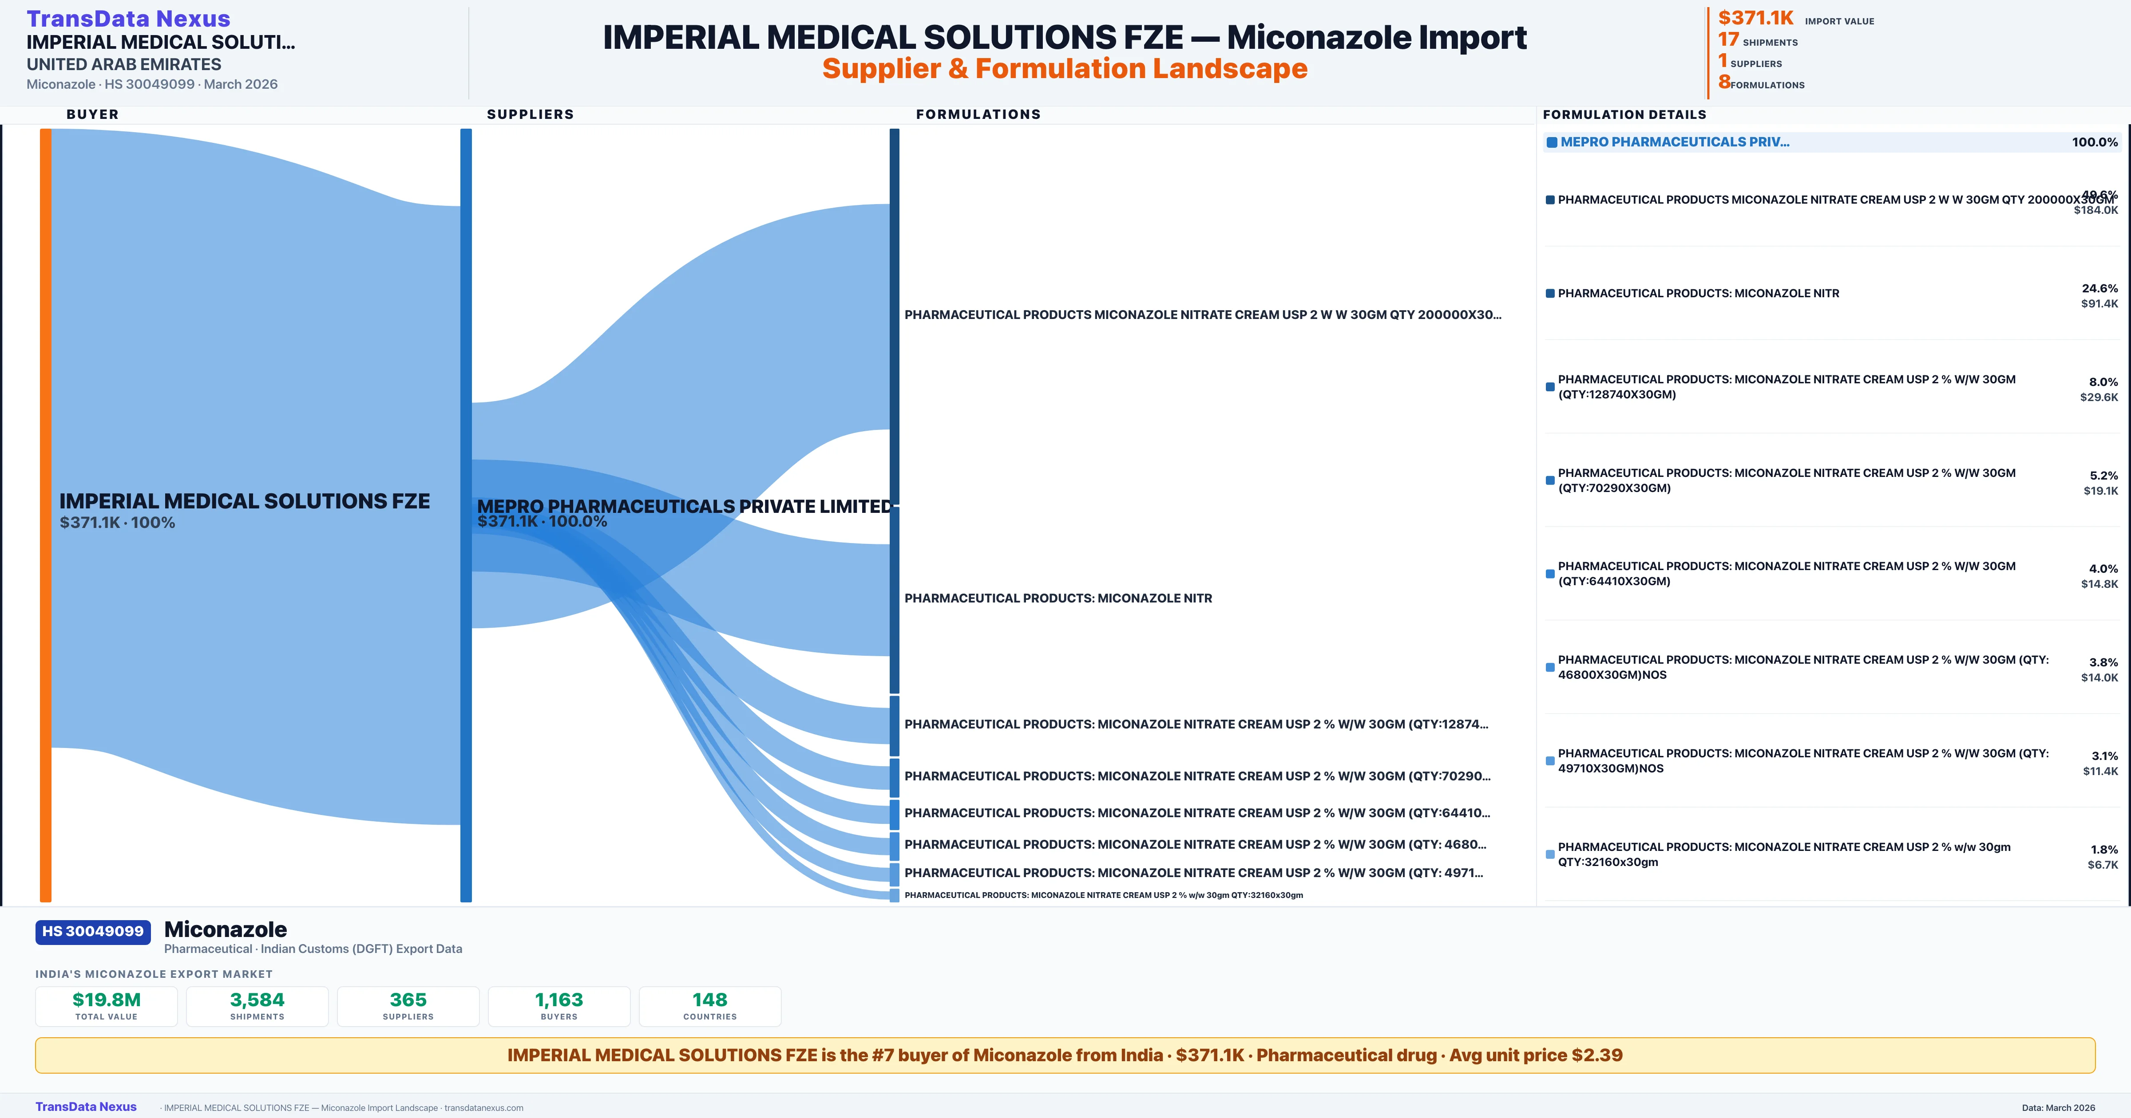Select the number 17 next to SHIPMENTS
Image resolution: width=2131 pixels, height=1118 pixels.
(1728, 39)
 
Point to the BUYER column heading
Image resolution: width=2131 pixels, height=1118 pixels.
(93, 114)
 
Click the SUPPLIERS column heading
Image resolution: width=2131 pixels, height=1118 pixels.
(530, 114)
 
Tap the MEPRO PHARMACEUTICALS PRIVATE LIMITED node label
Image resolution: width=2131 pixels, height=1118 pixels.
(684, 506)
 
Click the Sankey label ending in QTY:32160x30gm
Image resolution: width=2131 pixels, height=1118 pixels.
(1104, 895)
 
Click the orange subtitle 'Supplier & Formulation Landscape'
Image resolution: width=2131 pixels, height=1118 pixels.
(1065, 69)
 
